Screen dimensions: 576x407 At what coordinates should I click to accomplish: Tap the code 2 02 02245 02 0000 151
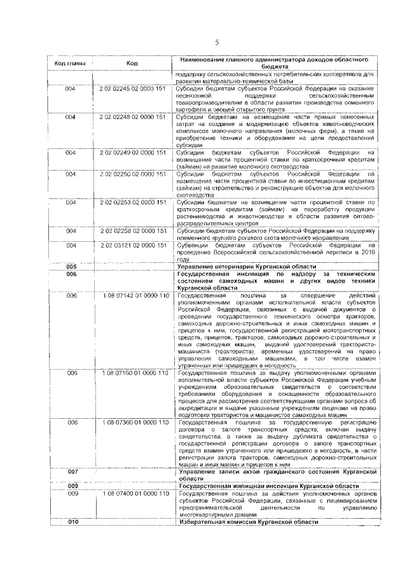click(x=132, y=89)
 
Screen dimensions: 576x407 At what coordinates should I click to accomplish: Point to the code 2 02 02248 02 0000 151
click(x=132, y=117)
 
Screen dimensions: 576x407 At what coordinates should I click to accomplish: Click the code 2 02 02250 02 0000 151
click(x=132, y=173)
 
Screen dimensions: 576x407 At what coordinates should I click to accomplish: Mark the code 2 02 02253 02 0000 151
click(x=132, y=202)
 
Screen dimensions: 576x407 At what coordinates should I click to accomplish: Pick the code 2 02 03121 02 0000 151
click(x=132, y=244)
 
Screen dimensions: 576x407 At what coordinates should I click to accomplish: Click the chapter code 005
click(x=71, y=266)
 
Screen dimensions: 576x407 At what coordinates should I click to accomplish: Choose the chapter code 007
click(x=71, y=472)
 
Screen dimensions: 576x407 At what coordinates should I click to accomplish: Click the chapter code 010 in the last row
click(x=71, y=521)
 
